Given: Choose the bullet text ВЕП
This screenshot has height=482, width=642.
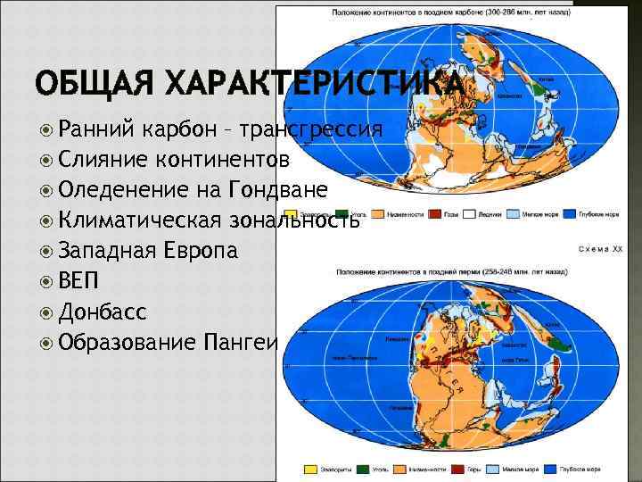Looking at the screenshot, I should click(79, 281).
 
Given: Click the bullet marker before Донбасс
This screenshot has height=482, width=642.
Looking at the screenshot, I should click(47, 312).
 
